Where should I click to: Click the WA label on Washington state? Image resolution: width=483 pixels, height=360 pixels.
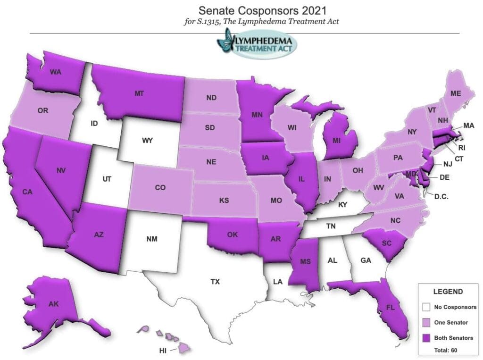55,73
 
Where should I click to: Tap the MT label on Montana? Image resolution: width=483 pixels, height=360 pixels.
139,93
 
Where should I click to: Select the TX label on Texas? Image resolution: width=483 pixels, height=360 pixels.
215,282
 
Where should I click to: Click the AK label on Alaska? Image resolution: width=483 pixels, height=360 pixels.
54,304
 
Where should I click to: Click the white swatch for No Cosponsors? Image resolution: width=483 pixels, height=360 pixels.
426,307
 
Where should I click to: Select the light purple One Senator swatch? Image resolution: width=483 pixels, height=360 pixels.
426,323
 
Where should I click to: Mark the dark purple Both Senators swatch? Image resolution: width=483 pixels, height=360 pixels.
426,338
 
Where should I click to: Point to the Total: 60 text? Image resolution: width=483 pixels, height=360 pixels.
445,350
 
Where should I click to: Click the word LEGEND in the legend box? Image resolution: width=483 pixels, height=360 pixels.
448,292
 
